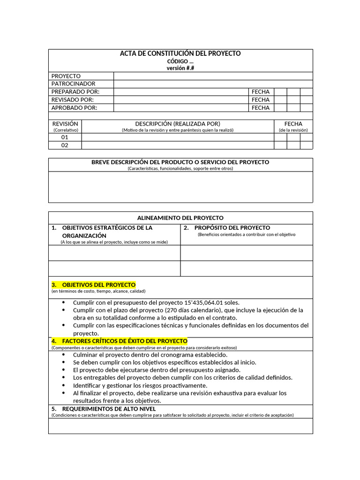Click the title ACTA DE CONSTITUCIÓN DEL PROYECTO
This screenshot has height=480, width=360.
180,53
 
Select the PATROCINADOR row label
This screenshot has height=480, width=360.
73,83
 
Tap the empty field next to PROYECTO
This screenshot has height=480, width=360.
213,75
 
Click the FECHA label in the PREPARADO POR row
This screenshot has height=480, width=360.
260,91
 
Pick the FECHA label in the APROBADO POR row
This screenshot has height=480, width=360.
260,107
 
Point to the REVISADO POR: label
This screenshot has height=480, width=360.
73,99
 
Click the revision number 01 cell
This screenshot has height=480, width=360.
65,137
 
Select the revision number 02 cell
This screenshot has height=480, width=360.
65,145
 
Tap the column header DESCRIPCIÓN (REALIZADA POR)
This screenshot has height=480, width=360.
178,124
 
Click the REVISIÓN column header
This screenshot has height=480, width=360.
65,124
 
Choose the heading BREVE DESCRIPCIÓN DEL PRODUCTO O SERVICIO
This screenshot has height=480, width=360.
180,162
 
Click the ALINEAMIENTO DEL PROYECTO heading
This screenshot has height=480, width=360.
180,218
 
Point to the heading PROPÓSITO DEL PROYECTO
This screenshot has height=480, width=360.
229,227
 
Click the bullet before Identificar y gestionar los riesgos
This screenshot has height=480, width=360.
64,385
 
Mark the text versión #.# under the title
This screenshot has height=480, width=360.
180,68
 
